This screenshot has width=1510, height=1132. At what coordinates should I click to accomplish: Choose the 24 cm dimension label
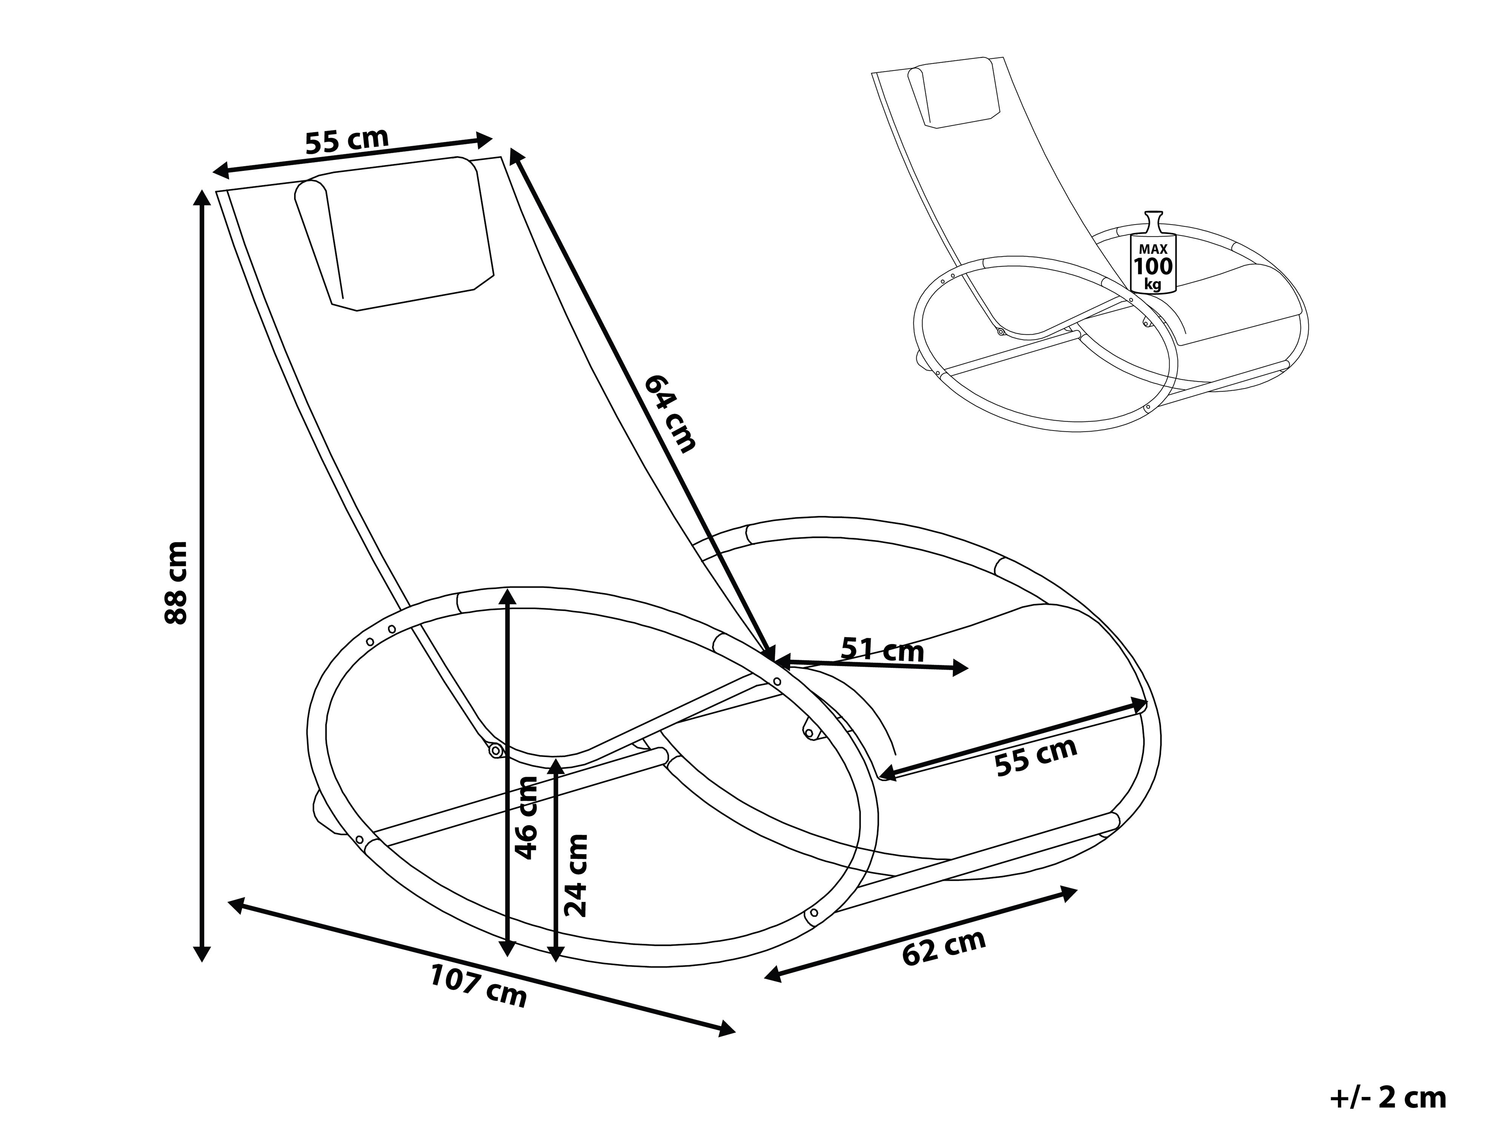coord(575,875)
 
